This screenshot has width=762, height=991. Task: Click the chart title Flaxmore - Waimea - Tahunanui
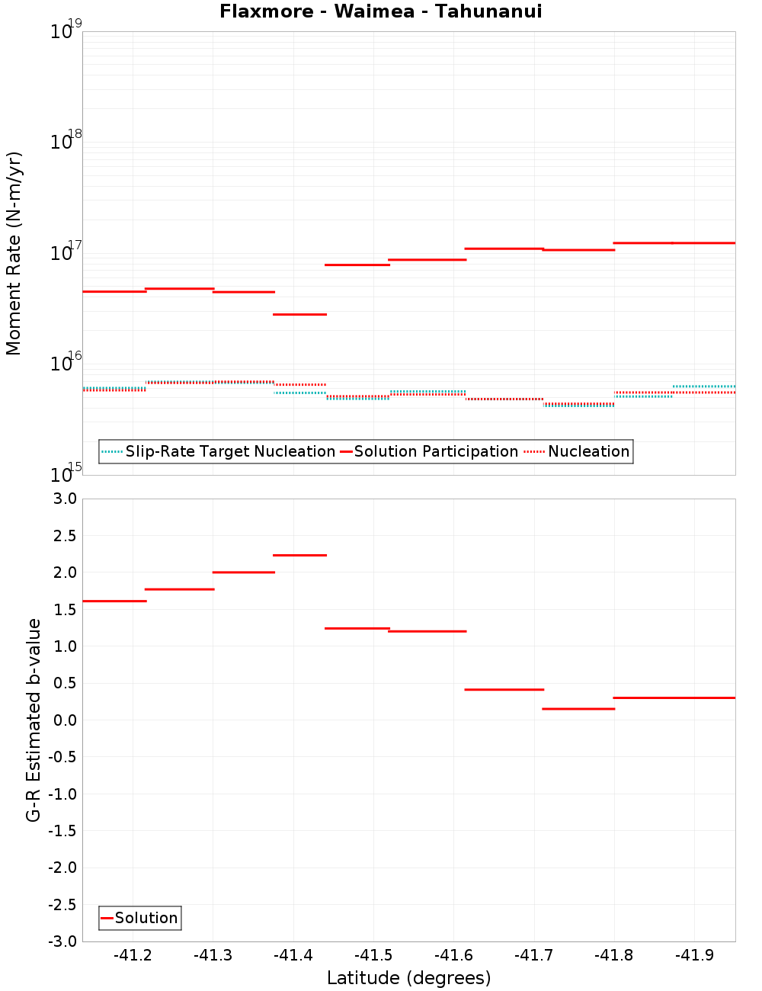[x=380, y=11]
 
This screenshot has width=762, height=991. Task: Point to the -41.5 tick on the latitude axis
[x=373, y=955]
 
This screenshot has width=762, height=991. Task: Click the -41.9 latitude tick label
[x=695, y=955]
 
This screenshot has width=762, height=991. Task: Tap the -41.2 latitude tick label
[x=133, y=955]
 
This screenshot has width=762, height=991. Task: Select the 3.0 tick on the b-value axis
[x=62, y=499]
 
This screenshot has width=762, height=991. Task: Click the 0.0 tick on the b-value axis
[x=62, y=720]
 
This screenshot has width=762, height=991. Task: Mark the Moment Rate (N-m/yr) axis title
[x=14, y=253]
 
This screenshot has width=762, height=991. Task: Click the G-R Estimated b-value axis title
[x=34, y=720]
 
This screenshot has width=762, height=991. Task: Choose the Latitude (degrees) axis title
[x=408, y=978]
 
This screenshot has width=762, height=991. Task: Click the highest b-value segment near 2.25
[x=299, y=555]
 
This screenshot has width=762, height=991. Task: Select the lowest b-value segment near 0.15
[x=578, y=709]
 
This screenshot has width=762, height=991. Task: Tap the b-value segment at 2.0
[x=243, y=572]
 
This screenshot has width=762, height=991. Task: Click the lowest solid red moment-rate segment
[x=299, y=314]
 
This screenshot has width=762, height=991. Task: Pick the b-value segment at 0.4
[x=504, y=689]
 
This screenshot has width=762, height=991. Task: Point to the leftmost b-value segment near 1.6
[x=114, y=601]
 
